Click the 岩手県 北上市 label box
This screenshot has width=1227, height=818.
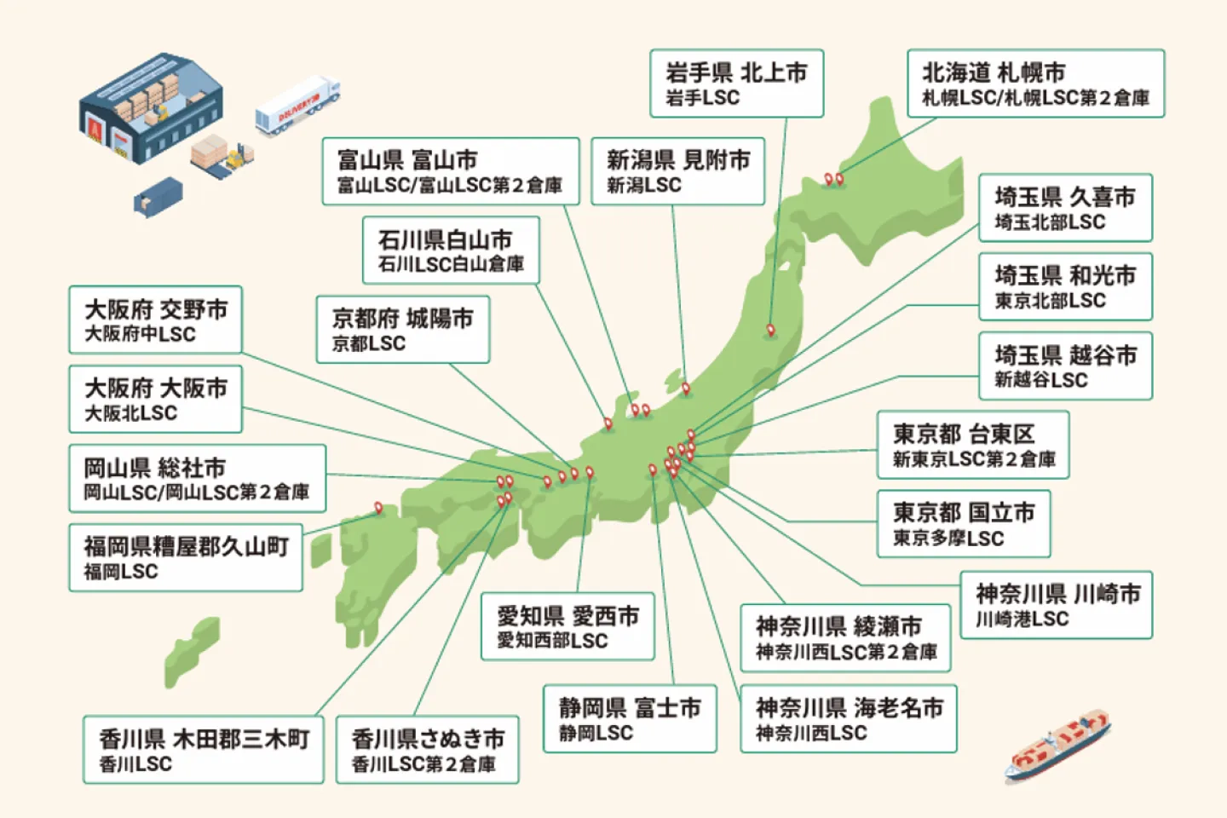pyautogui.click(x=736, y=84)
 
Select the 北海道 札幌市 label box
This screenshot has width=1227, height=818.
pyautogui.click(x=1035, y=84)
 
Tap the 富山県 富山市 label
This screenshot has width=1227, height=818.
pyautogui.click(x=450, y=171)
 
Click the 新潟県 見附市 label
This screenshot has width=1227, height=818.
pyautogui.click(x=678, y=171)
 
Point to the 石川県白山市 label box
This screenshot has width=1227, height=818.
pyautogui.click(x=451, y=251)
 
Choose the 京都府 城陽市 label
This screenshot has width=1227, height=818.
pyautogui.click(x=403, y=330)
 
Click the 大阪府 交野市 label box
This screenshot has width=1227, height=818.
pyautogui.click(x=155, y=320)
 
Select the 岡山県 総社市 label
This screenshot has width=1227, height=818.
pyautogui.click(x=197, y=479)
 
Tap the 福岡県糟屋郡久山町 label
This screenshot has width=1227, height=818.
pyautogui.click(x=186, y=558)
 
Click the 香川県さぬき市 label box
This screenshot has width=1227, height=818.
pyautogui.click(x=427, y=750)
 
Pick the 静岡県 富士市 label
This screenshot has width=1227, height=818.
pyautogui.click(x=630, y=719)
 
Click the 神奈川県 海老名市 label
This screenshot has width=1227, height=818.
pyautogui.click(x=848, y=719)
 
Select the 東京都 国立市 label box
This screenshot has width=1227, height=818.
pyautogui.click(x=963, y=524)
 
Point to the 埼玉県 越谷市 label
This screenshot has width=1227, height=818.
pyautogui.click(x=1065, y=366)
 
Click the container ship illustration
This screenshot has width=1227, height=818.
pyautogui.click(x=1057, y=746)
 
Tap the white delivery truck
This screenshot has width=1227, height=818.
pyautogui.click(x=297, y=107)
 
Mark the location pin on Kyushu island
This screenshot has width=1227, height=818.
pyautogui.click(x=378, y=509)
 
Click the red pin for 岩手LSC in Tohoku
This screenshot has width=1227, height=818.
pyautogui.click(x=770, y=330)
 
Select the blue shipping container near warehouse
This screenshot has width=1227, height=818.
pyautogui.click(x=158, y=198)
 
